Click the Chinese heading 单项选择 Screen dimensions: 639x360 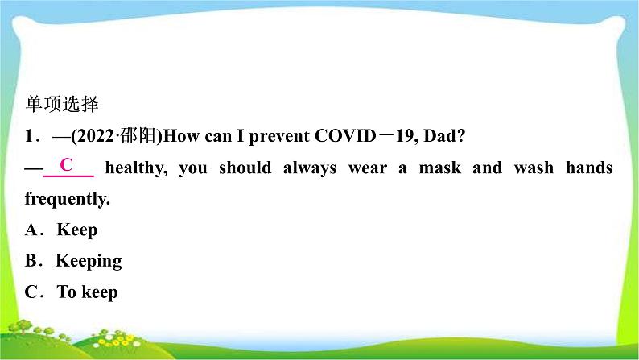62,104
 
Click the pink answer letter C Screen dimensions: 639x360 67,164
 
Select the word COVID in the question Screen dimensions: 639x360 345,136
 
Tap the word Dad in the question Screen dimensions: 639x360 440,136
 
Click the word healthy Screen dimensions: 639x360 136,168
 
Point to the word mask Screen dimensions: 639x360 440,168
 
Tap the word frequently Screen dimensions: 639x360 68,199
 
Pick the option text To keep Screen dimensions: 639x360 88,292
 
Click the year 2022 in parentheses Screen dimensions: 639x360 94,136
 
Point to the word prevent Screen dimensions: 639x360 279,137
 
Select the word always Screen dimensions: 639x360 310,168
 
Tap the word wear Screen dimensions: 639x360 368,168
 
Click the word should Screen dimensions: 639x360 245,168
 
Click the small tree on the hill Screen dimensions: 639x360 24,326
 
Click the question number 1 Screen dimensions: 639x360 29,136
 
